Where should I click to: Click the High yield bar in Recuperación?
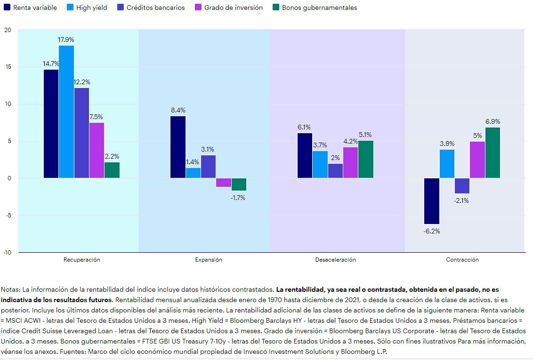coord(66,112)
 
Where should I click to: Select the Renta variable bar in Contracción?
coord(431,201)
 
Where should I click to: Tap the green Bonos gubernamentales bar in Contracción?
coord(493,152)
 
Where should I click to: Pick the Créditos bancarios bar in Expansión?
coord(208,167)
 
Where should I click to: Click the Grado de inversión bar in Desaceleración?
coord(350,162)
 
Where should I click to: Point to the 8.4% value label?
coord(178,111)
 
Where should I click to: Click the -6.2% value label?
coord(431,231)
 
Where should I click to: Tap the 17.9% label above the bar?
coord(66,40)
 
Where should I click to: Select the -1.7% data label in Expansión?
coord(238,198)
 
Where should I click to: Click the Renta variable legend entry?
coord(30,8)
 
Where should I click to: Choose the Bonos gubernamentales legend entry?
coord(315,8)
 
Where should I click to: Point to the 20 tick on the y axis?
coord(7,30)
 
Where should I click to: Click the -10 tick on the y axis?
coord(7,252)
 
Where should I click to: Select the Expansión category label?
coord(208,260)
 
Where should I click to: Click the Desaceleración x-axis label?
coord(335,260)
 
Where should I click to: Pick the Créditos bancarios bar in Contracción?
coord(462,186)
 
